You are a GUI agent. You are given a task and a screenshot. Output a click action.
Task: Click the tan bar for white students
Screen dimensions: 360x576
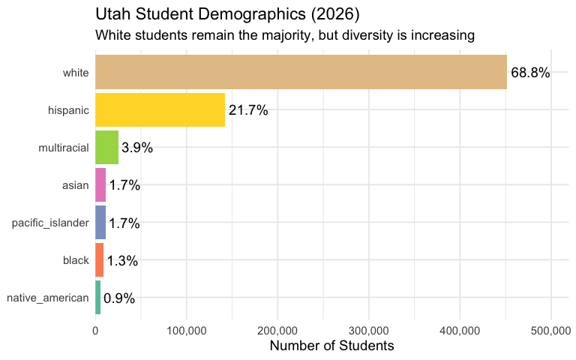(x=301, y=73)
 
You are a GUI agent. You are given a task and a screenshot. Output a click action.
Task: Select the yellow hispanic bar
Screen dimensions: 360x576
(x=160, y=110)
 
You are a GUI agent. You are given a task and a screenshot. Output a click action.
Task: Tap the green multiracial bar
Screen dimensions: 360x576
(x=106, y=148)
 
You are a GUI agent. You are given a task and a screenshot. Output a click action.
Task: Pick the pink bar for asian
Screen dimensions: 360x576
(x=100, y=185)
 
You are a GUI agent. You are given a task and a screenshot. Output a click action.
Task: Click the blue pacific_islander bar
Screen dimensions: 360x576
(x=100, y=223)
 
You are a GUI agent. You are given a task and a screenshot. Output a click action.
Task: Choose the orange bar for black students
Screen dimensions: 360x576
(x=99, y=260)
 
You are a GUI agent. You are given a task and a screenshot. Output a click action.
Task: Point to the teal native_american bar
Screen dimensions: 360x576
(x=98, y=298)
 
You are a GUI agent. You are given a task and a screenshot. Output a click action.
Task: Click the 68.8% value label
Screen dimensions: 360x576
(x=530, y=73)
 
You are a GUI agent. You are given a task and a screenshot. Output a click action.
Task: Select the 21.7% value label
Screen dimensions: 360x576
(x=248, y=110)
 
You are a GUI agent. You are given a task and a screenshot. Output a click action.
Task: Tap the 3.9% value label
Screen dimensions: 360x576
(x=137, y=148)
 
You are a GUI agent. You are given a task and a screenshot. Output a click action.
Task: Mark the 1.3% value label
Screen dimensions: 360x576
(x=122, y=260)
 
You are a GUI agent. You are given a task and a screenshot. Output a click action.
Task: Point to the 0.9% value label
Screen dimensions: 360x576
(x=119, y=298)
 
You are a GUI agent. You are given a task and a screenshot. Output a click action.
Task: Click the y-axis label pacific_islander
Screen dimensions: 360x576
(x=50, y=223)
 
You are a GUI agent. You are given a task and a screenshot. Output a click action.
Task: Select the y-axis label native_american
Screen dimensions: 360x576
(x=47, y=298)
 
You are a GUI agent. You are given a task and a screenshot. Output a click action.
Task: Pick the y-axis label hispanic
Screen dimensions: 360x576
(x=68, y=110)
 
